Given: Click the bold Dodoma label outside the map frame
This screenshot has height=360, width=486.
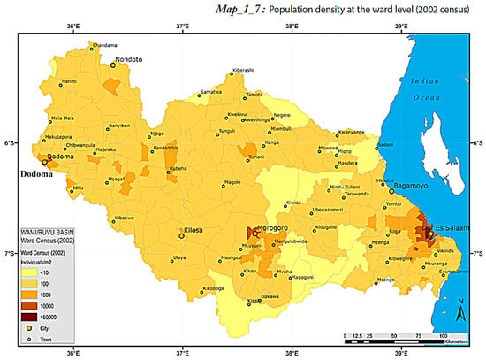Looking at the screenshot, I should click(36, 174).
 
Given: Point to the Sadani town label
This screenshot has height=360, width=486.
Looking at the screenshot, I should click(385, 144).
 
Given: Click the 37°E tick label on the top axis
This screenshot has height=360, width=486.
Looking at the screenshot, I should click(182, 27).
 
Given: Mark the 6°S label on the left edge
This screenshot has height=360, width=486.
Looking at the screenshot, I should click(10, 142).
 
